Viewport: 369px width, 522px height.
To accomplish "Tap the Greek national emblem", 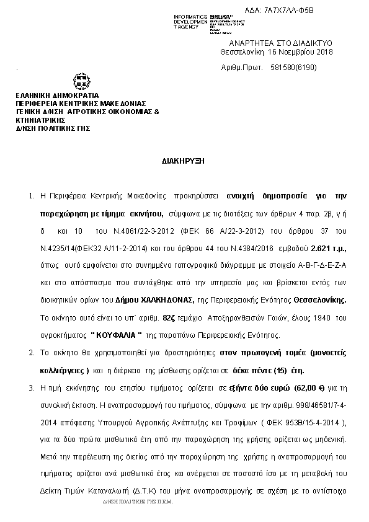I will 81,82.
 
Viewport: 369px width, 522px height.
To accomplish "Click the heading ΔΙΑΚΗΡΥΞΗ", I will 184,160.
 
